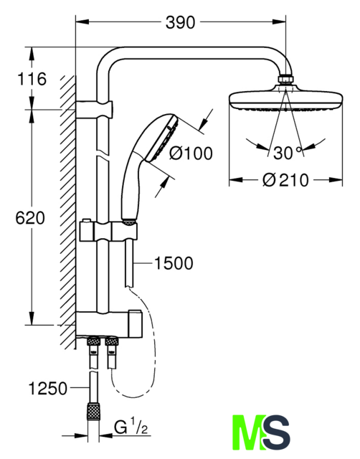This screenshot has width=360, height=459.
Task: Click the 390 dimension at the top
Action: tap(180, 22)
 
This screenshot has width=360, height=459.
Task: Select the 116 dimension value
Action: tap(32, 79)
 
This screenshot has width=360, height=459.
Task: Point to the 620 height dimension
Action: tap(30, 218)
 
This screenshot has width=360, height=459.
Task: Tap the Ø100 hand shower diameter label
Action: tap(191, 153)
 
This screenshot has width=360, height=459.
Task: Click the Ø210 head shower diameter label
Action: tap(285, 180)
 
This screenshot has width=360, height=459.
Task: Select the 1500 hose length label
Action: tap(174, 263)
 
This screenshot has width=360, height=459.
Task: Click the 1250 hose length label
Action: tap(48, 389)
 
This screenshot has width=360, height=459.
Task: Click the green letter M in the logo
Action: tap(249, 432)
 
